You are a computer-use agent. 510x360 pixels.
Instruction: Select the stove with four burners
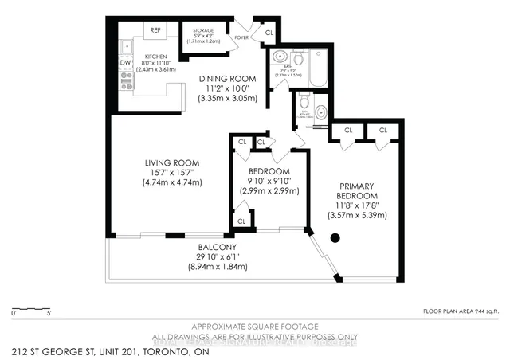(x=125, y=80)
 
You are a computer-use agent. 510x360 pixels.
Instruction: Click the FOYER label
(x=241, y=37)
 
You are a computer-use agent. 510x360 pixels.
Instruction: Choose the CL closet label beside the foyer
(x=269, y=33)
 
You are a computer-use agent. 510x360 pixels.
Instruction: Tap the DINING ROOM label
(x=227, y=79)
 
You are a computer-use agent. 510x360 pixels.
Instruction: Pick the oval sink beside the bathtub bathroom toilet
(x=279, y=57)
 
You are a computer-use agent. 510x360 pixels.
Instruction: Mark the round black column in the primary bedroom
(x=335, y=237)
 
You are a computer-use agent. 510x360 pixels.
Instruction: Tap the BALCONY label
(x=218, y=247)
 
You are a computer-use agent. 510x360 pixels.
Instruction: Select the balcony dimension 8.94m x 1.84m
(x=218, y=268)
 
